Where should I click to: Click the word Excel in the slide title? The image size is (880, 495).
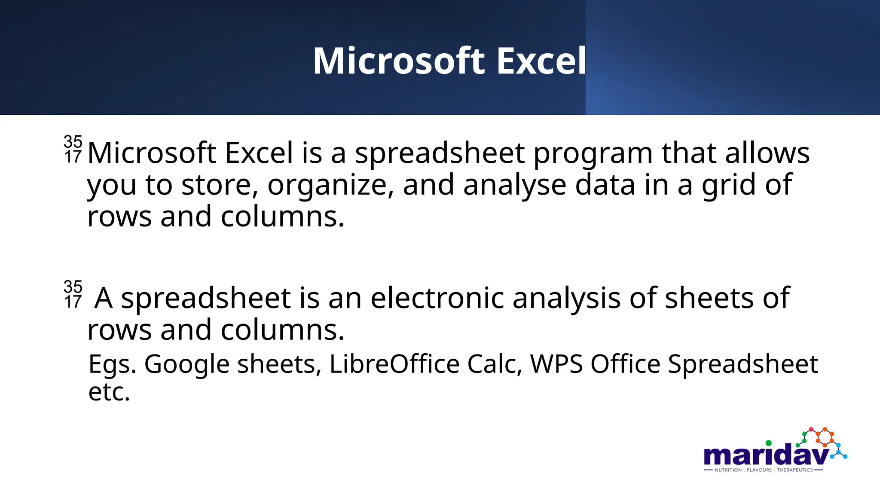(x=541, y=61)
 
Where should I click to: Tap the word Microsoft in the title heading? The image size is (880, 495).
(x=399, y=61)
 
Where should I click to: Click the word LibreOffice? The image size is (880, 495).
(x=394, y=364)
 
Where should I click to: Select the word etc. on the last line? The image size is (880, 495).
(x=109, y=392)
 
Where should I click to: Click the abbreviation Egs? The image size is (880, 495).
(x=112, y=365)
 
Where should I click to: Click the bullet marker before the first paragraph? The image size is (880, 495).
(x=73, y=149)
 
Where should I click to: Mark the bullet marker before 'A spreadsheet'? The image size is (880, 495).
(x=73, y=294)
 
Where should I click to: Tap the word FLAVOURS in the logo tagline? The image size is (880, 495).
(x=759, y=470)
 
